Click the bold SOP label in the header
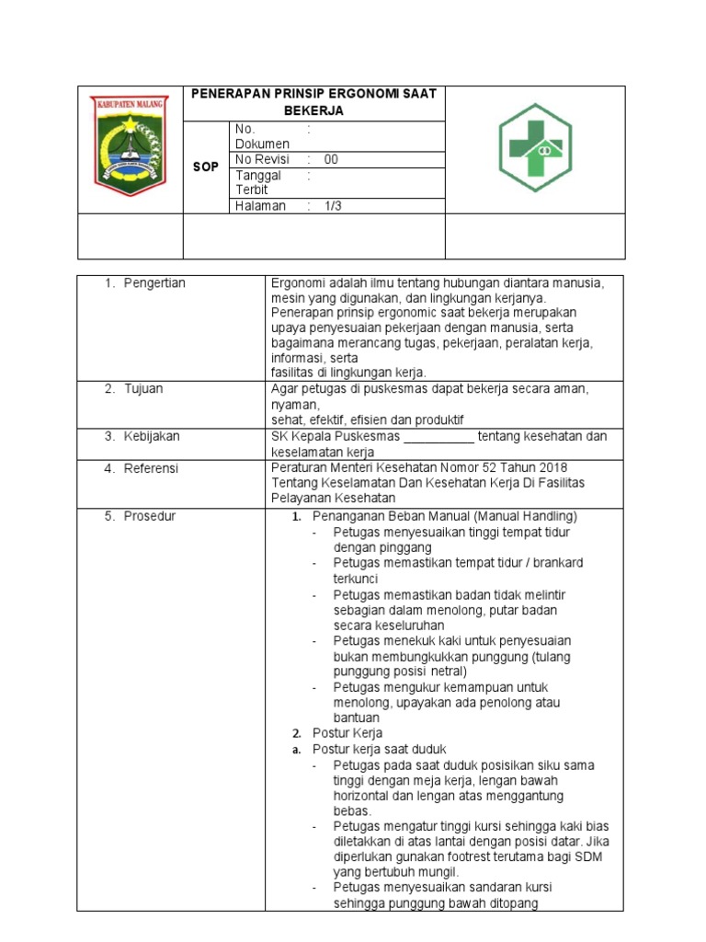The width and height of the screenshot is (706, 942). [206, 167]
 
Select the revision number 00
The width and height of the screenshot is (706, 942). [331, 159]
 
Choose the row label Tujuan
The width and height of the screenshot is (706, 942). [143, 389]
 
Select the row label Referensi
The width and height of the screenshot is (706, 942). [152, 468]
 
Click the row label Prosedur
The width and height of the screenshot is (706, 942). [150, 516]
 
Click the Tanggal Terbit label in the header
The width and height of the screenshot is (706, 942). [257, 182]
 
